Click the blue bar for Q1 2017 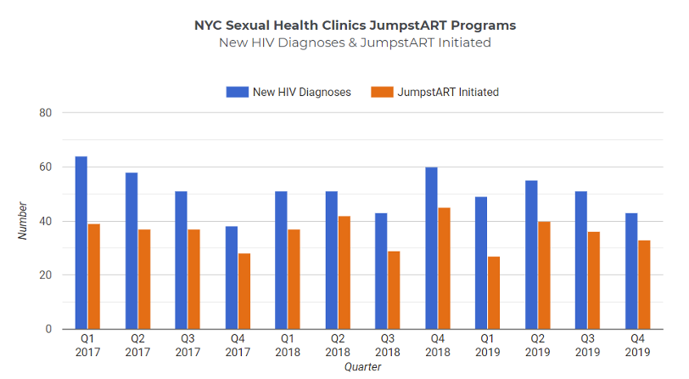81,243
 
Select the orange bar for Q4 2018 444,269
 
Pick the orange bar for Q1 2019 494,292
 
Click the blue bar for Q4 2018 431,248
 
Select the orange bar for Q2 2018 344,273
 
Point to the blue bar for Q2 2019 531,255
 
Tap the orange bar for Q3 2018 394,290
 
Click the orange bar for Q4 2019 644,285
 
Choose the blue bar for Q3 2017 182,260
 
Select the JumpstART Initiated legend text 447,92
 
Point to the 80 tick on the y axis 46,113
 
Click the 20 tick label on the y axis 46,275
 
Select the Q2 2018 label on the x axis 338,346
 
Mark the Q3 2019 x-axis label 588,346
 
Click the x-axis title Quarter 362,367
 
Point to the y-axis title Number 23,221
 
